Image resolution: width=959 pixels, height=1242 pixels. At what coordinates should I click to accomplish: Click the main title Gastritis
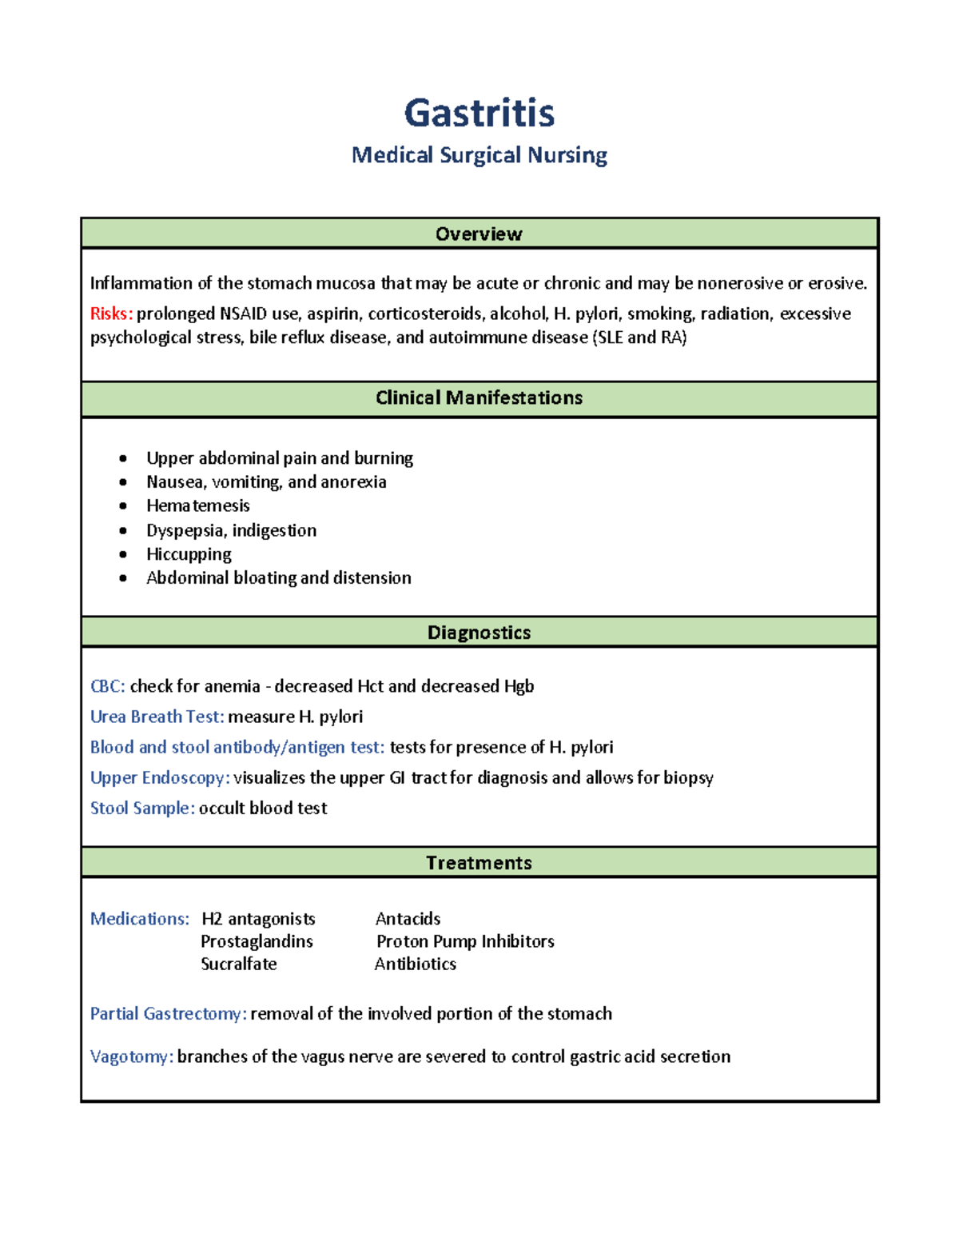479,113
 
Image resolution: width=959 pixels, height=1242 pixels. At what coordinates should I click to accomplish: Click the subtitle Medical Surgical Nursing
479,155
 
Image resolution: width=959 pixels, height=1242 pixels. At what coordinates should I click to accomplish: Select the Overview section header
479,234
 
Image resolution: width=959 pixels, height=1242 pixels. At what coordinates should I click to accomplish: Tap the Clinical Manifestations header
479,397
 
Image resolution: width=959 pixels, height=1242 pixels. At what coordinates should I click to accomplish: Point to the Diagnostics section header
479,633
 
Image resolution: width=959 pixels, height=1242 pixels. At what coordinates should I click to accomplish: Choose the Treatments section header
479,863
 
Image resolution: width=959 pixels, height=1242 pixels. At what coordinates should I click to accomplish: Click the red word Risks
110,313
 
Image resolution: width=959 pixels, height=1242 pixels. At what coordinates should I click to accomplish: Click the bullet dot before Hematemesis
123,506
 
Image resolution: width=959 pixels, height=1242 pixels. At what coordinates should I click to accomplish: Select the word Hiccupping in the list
189,554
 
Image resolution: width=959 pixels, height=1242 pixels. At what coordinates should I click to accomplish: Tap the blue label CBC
106,686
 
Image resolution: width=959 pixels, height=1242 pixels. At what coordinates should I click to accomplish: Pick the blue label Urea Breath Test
157,717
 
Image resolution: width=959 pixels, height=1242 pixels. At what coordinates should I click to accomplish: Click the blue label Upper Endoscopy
159,777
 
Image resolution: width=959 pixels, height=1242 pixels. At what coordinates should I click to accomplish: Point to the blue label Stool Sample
141,808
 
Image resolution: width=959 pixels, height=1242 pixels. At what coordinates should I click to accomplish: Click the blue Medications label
139,919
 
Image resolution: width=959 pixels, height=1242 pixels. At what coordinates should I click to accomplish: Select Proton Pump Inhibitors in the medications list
465,941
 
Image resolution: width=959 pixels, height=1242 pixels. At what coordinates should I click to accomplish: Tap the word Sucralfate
238,964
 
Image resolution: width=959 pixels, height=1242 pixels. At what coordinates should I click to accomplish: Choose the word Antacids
408,919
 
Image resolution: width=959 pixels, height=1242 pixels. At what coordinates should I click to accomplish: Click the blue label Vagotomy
131,1056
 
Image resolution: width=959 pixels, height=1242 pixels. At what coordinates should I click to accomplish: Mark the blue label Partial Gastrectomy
168,1013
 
